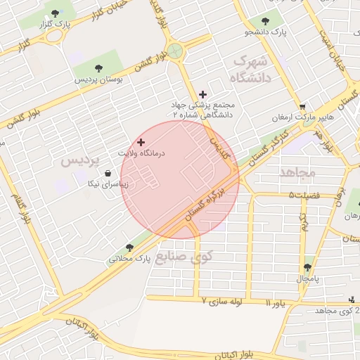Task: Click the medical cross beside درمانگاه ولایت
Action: click(x=141, y=142)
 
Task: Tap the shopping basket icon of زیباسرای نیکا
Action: click(x=108, y=174)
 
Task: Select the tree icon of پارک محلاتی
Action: click(x=129, y=247)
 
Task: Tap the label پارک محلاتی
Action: click(x=129, y=258)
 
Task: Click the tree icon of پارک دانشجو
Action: click(x=264, y=21)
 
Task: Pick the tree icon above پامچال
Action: click(x=307, y=267)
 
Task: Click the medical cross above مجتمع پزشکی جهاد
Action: click(x=203, y=94)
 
